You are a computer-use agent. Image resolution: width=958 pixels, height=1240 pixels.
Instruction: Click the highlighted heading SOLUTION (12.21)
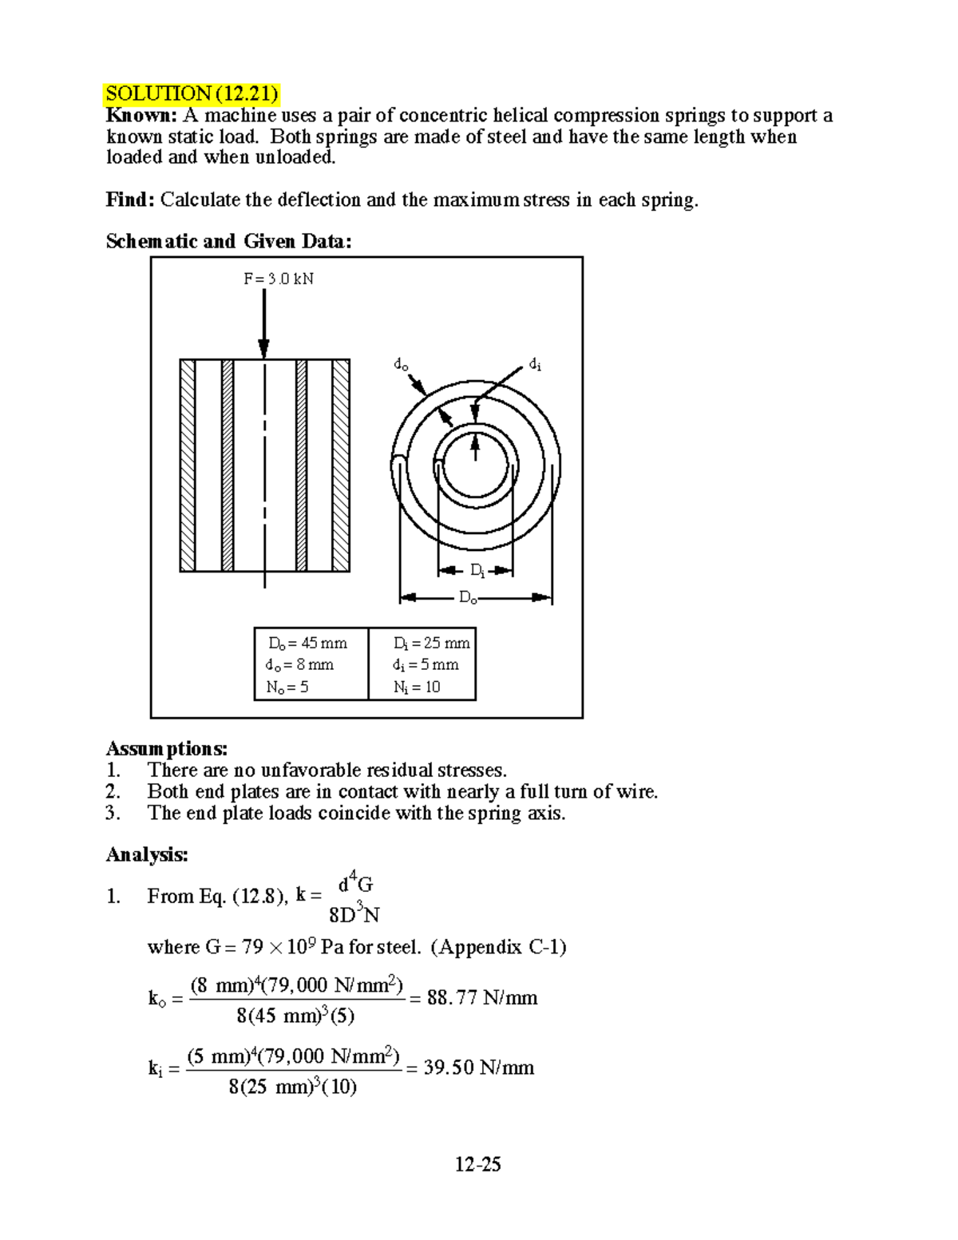(x=192, y=94)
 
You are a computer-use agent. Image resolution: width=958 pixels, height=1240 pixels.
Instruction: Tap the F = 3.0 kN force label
(x=278, y=279)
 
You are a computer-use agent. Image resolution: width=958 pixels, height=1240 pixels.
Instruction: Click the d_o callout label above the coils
(x=401, y=365)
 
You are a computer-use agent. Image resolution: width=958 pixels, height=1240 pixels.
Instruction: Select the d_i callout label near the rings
(x=535, y=365)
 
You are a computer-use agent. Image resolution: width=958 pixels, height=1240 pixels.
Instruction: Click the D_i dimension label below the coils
(x=477, y=570)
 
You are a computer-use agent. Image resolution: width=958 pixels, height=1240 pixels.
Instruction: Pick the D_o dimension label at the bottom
(x=468, y=598)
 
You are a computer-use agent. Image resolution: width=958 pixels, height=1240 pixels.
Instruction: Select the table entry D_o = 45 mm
(x=307, y=643)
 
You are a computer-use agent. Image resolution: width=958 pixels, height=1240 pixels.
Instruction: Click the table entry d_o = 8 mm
(x=299, y=664)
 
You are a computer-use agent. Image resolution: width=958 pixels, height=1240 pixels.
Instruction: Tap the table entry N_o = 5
(x=287, y=687)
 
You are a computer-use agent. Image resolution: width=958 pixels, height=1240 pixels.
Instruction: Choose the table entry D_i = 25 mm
(x=431, y=643)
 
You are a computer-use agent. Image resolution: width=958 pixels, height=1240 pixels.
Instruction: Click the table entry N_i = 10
(x=416, y=687)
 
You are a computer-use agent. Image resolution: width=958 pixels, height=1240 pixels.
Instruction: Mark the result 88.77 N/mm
(x=482, y=998)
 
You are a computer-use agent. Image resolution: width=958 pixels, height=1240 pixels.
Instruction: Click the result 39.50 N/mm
(x=478, y=1068)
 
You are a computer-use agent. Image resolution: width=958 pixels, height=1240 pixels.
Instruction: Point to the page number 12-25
(x=477, y=1165)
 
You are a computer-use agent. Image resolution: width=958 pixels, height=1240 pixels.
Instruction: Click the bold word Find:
(x=129, y=200)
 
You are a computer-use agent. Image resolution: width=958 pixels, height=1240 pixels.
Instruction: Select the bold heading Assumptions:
(x=167, y=749)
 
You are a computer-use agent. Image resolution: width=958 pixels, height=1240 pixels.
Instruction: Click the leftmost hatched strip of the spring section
(x=188, y=465)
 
